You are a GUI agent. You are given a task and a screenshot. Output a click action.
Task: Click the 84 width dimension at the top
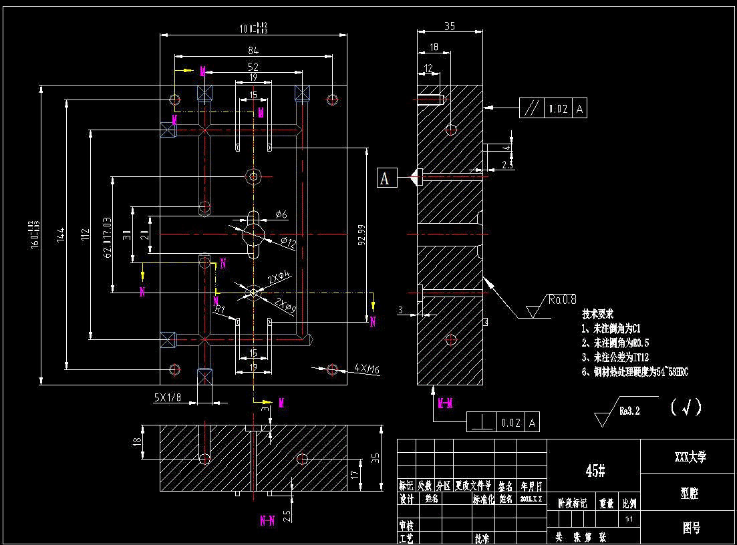tap(253, 51)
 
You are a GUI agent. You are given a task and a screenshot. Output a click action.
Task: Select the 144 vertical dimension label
tap(61, 234)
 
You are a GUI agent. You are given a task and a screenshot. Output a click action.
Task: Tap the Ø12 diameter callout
tap(287, 244)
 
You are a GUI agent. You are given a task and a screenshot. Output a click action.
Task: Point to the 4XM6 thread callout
tap(367, 368)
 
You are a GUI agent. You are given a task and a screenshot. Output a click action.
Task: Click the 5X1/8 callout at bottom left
tap(167, 397)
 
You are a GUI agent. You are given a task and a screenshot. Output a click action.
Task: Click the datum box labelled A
tap(386, 178)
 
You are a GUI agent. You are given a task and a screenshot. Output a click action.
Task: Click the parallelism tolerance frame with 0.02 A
tap(553, 108)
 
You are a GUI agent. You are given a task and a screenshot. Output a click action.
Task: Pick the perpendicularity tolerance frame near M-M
tap(502, 422)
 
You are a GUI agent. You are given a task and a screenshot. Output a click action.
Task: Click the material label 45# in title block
tap(595, 471)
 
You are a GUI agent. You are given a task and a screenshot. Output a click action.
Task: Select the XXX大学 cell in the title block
tap(690, 457)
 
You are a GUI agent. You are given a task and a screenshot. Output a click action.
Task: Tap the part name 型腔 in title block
tap(690, 493)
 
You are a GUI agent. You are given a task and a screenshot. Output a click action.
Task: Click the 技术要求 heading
tap(597, 314)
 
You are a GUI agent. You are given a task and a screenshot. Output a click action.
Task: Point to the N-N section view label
tap(267, 521)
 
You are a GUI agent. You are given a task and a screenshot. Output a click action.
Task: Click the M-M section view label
tap(445, 403)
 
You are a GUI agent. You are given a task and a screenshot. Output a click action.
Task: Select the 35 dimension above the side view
tap(449, 27)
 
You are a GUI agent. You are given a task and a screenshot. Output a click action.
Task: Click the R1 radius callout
tap(219, 309)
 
